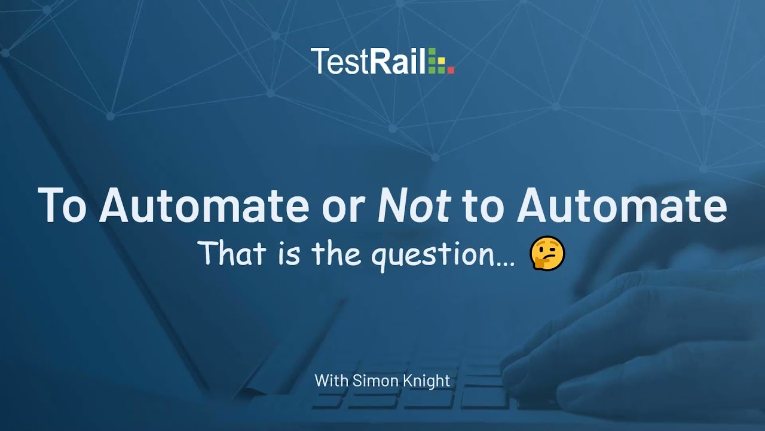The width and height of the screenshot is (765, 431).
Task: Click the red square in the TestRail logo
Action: point(451,71)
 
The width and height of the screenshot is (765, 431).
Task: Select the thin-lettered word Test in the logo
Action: point(337,62)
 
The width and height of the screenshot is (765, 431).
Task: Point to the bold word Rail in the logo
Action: point(397,62)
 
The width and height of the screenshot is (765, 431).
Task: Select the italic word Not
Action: point(414,205)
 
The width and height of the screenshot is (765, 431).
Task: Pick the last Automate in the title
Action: point(622,205)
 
